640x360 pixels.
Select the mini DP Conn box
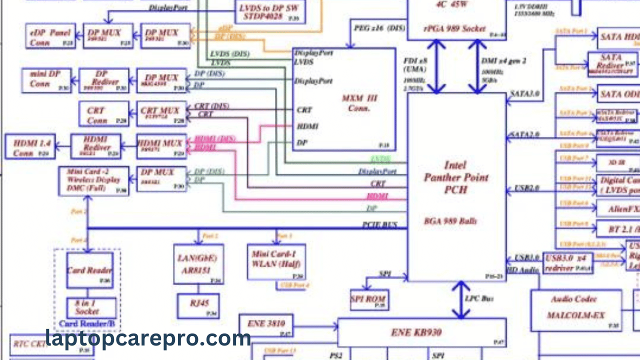[x=46, y=80]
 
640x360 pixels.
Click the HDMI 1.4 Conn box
[x=30, y=146]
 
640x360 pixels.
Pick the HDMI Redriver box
[x=96, y=146]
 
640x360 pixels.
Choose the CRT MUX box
[x=161, y=113]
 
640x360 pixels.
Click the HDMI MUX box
[x=161, y=146]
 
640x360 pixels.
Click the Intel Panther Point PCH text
[x=455, y=177]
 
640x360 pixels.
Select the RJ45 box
[x=198, y=306]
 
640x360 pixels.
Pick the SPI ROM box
[x=369, y=299]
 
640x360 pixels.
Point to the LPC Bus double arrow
[x=461, y=300]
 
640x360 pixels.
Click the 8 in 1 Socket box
[x=91, y=307]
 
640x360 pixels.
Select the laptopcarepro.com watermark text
[x=148, y=338]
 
